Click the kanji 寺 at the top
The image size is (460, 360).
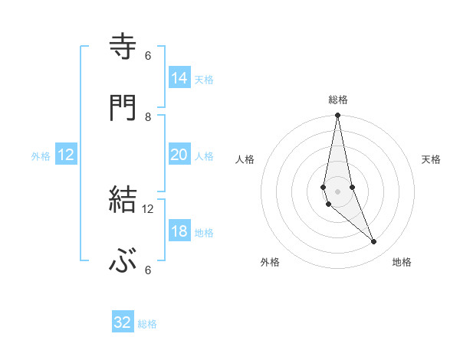coord(123,47)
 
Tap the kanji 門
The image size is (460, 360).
coord(123,109)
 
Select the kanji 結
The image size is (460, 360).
coord(123,200)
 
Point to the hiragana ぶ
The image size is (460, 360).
coord(123,262)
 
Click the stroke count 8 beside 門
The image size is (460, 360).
coord(148,116)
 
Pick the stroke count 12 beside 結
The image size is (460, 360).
coord(148,208)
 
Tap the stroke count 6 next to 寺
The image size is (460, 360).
coord(148,55)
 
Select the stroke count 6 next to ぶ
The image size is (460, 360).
coord(148,270)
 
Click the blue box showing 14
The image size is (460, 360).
coord(179,77)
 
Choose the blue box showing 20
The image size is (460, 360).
coord(179,155)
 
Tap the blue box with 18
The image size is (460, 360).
coord(179,231)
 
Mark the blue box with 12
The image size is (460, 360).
coord(66,155)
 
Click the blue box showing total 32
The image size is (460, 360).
coord(123,322)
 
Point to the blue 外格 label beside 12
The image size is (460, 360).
coord(41,155)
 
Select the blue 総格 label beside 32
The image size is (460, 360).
coord(147,324)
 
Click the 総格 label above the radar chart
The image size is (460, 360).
coord(338,100)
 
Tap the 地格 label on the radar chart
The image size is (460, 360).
coord(402,263)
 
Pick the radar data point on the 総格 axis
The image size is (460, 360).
coord(337,116)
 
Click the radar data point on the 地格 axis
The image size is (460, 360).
coord(374,242)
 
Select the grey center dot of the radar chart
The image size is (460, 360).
coord(337,191)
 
